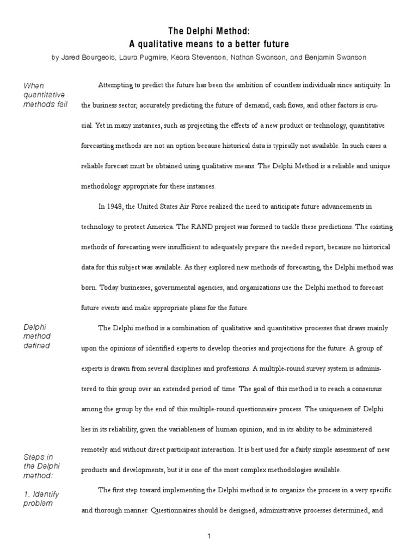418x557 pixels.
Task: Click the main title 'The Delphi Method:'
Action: pos(209,32)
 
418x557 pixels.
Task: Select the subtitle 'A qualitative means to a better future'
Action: pos(209,44)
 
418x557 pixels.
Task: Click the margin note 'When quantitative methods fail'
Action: pos(45,95)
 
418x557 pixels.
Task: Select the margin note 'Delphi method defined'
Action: pos(37,336)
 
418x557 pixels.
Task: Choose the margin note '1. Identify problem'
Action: pos(41,499)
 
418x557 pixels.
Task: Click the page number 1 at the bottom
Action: pos(209,536)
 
